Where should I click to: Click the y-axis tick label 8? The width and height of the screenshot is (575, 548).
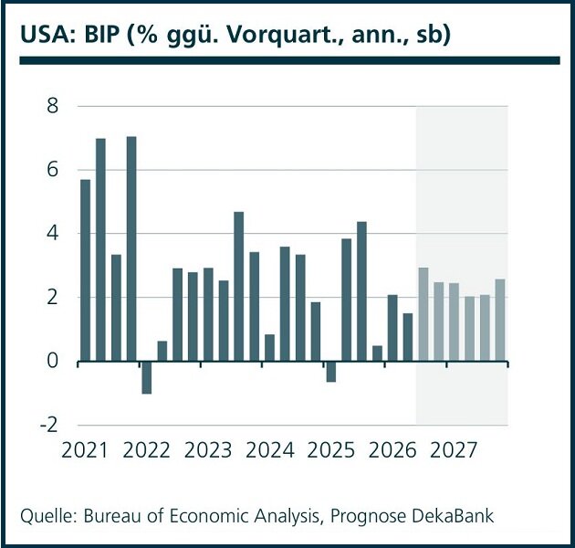pyautogui.click(x=52, y=106)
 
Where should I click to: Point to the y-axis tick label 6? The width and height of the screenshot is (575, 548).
pyautogui.click(x=52, y=170)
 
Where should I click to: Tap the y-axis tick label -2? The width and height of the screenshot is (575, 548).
pyautogui.click(x=48, y=425)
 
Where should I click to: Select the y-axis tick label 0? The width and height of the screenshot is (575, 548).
pyautogui.click(x=52, y=361)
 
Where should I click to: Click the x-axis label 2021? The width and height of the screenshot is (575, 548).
pyautogui.click(x=85, y=450)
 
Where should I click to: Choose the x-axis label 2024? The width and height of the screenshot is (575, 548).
pyautogui.click(x=269, y=450)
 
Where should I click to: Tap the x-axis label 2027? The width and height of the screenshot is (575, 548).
pyautogui.click(x=454, y=450)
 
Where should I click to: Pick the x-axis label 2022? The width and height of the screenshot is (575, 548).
pyautogui.click(x=146, y=450)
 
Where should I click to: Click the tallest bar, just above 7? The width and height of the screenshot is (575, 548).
pyautogui.click(x=131, y=248)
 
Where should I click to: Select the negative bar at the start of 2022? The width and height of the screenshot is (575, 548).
pyautogui.click(x=147, y=378)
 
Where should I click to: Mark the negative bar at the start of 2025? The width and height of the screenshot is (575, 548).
pyautogui.click(x=331, y=372)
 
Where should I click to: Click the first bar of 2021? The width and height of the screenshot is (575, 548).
pyautogui.click(x=86, y=270)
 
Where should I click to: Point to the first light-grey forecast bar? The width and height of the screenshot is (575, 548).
pyautogui.click(x=423, y=314)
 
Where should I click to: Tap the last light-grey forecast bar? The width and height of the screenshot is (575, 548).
pyautogui.click(x=500, y=321)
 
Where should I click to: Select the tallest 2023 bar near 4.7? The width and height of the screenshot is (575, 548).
pyautogui.click(x=239, y=287)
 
